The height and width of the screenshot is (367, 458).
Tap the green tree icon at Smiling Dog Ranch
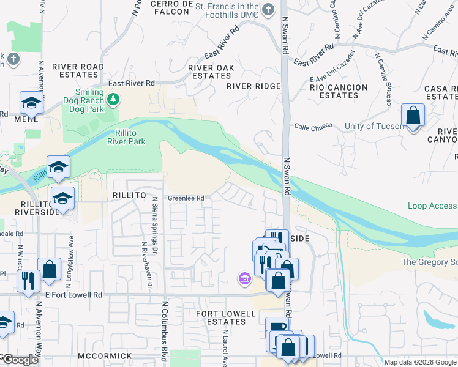(113, 98)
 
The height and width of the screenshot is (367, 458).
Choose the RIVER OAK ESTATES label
(210, 72)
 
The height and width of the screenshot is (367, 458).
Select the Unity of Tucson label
(375, 127)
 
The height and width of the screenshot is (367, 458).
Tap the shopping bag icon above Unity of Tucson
(413, 115)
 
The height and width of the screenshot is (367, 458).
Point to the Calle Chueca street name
(313, 126)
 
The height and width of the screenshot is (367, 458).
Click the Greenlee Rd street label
(186, 198)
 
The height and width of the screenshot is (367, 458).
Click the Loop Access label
(432, 206)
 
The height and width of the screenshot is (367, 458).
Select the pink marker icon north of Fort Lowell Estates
(244, 280)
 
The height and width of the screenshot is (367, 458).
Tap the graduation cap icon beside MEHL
(31, 103)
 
